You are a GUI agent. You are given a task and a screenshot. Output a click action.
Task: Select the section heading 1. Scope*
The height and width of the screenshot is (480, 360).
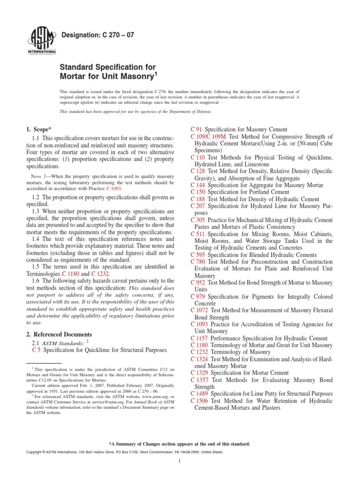(40, 128)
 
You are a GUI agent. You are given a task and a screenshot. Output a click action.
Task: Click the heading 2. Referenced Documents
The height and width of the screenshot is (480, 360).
(59, 334)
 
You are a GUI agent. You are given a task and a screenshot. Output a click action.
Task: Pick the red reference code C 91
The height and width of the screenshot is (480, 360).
(196, 129)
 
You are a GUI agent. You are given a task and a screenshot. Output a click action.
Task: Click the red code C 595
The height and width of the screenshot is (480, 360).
(199, 255)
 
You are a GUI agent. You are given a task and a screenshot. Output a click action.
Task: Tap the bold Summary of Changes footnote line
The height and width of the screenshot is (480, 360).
(180, 443)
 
